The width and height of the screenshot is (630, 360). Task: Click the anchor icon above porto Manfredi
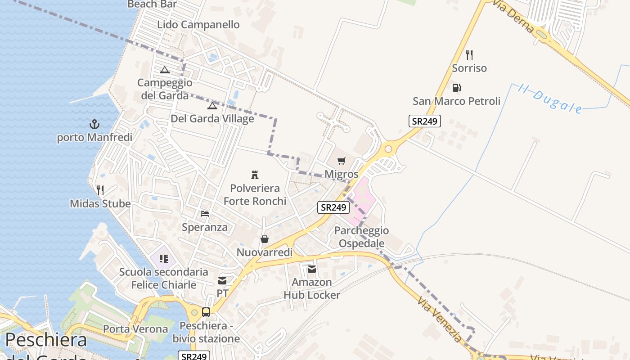94,124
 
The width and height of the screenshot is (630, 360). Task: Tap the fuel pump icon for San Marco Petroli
456,88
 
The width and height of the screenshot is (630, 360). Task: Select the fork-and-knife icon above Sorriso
469,55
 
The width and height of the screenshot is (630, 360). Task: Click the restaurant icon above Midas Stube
100,190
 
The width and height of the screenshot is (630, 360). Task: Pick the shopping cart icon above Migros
342,161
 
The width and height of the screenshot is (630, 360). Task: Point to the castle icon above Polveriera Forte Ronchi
255,175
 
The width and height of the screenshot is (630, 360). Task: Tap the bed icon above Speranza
205,214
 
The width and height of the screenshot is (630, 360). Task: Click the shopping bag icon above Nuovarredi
265,239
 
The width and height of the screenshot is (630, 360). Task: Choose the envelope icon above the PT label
222,281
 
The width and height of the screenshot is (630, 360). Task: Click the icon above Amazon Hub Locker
312,269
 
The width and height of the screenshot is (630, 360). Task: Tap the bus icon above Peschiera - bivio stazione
206,312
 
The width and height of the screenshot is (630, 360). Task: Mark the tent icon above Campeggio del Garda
165,70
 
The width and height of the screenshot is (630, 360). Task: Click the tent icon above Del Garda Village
212,106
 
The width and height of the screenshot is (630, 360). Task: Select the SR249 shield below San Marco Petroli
425,121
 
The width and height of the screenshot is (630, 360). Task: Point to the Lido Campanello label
198,25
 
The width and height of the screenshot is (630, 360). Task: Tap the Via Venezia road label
440,319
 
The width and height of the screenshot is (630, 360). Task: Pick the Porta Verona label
135,329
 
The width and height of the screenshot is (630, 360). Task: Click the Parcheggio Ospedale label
362,237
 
